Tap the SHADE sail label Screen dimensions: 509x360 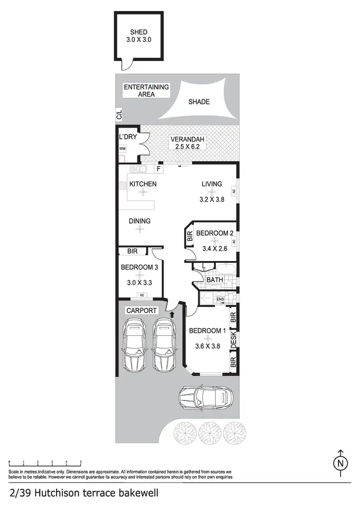[x=199, y=102]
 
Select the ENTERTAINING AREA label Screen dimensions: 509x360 [x=146, y=91]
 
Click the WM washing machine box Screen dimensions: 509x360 [x=122, y=149]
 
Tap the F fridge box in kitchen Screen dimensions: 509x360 [x=159, y=169]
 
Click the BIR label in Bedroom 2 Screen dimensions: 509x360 [x=190, y=236]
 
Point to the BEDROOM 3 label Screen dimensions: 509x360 [x=139, y=267]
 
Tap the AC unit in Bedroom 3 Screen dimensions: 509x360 [x=141, y=295]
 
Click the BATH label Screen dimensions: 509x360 [x=214, y=280]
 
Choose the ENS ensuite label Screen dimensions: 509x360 [x=220, y=300]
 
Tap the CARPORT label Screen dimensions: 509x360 [x=142, y=310]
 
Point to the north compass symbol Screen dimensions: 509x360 [x=340, y=462]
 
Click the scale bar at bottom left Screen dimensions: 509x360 [x=45, y=462]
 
